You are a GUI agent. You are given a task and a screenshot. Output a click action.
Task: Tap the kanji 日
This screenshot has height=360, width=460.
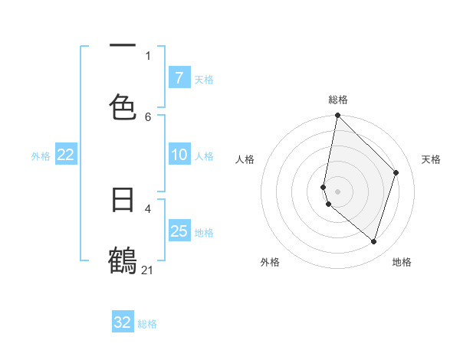coord(123,200)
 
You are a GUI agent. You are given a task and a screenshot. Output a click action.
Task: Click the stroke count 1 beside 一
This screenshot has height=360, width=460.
coord(148,55)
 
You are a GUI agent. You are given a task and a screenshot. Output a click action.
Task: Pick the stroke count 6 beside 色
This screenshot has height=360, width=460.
coord(148,116)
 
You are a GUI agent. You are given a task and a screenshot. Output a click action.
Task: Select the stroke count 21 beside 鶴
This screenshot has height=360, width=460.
coord(148,270)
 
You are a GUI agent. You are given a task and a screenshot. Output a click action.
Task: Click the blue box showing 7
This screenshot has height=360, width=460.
coord(179,77)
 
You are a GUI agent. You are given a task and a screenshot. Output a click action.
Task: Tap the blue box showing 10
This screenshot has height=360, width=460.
coord(179,155)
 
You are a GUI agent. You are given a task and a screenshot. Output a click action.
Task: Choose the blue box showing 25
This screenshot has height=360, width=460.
coord(179,231)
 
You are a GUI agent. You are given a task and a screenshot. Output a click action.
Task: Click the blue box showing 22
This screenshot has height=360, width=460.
coord(66,155)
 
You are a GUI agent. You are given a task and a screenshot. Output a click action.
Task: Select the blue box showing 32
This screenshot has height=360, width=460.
coord(123,322)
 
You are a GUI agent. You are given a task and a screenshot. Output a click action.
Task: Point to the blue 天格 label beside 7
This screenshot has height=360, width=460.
coord(204,79)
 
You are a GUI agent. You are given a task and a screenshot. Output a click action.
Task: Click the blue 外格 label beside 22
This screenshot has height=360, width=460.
coord(41,155)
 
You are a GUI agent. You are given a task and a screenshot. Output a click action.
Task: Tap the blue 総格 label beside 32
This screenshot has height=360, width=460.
coord(147,324)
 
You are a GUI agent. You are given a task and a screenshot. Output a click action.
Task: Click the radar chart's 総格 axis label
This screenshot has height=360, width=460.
coord(338,100)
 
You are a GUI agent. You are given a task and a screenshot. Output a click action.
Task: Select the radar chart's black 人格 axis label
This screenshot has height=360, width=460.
coord(245,159)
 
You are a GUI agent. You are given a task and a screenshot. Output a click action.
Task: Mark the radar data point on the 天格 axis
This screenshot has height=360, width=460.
coord(396,172)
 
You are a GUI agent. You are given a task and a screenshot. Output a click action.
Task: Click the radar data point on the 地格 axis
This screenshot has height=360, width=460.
coord(373,241)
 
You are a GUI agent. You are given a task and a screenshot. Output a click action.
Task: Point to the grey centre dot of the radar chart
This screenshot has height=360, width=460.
coord(337,191)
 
